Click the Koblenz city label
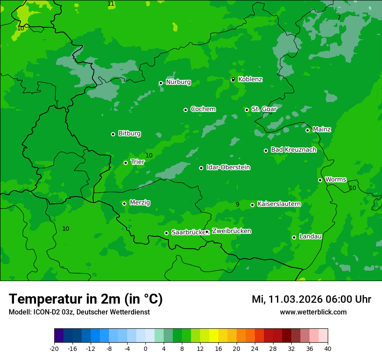click(x=250, y=79)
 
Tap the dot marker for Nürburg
click(x=161, y=83)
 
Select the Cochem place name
click(x=203, y=109)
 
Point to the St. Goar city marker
click(x=247, y=110)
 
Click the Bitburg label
click(x=129, y=134)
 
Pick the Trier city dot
click(x=125, y=163)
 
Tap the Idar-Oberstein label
click(x=228, y=167)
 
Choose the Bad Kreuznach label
click(x=293, y=150)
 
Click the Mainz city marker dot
click(x=307, y=130)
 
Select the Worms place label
click(x=336, y=180)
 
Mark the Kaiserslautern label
click(x=279, y=204)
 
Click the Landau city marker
click(x=294, y=237)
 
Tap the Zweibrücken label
click(x=231, y=231)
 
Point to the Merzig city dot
click(x=124, y=203)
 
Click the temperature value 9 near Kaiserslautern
click(x=237, y=204)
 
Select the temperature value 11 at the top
click(x=111, y=3)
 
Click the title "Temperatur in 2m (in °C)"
click(x=86, y=299)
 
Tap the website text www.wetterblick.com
click(x=313, y=312)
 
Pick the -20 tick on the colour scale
click(x=54, y=348)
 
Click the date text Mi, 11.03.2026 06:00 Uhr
click(x=311, y=299)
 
